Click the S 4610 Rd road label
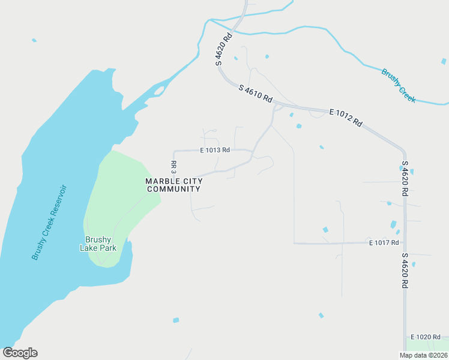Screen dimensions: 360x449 (x=255, y=92)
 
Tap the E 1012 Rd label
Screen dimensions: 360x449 (x=346, y=116)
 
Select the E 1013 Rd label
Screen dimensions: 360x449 (x=215, y=150)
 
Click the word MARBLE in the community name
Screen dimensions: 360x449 (x=162, y=181)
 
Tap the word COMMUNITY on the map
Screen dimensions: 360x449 (x=173, y=189)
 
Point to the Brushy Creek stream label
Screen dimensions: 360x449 (x=398, y=85)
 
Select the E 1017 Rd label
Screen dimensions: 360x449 (x=384, y=242)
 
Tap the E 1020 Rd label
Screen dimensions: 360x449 (x=426, y=337)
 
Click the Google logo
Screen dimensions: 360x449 (x=20, y=353)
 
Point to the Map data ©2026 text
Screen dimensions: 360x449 (x=423, y=355)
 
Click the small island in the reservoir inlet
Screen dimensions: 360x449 (x=159, y=91)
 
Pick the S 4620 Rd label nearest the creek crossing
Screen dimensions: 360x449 (x=223, y=50)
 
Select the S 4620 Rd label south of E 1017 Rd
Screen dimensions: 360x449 (x=405, y=271)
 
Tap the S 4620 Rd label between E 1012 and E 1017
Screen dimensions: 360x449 (x=405, y=179)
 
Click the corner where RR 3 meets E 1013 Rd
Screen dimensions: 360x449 (x=174, y=151)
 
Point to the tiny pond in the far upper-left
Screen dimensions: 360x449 (x=34, y=40)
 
